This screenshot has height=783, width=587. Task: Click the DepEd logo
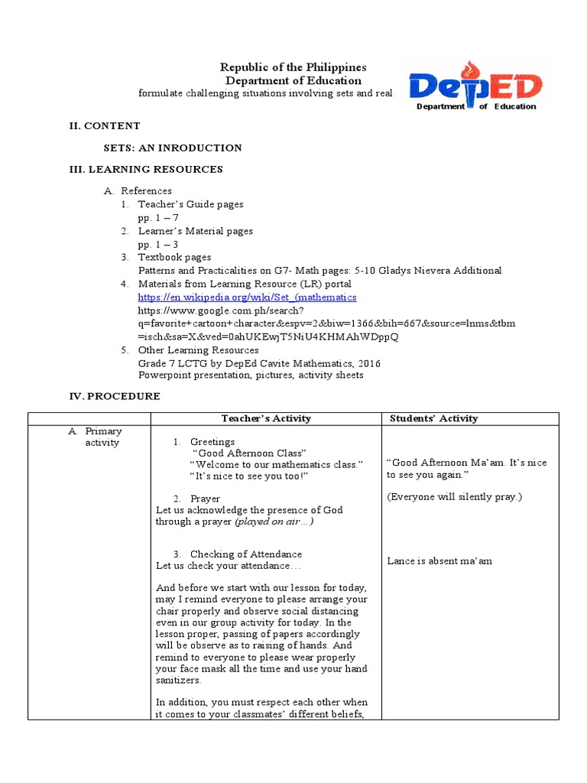[475, 90]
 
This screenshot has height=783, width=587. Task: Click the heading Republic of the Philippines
[293, 68]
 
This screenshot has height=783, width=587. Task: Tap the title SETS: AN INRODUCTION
[173, 148]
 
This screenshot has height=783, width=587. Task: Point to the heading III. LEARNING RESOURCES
[146, 169]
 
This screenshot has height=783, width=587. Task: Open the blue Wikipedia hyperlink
[247, 297]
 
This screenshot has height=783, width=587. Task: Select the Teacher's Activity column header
[266, 418]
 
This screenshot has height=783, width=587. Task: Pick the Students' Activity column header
[433, 418]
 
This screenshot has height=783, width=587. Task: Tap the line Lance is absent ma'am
[439, 561]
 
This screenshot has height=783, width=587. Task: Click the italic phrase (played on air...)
[274, 521]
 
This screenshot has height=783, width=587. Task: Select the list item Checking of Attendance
[245, 554]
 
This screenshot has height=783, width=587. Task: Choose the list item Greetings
[212, 442]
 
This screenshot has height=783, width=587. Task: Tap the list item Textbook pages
[174, 258]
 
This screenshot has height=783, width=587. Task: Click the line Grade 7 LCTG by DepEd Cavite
[258, 363]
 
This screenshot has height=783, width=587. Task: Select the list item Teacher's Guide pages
[190, 204]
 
